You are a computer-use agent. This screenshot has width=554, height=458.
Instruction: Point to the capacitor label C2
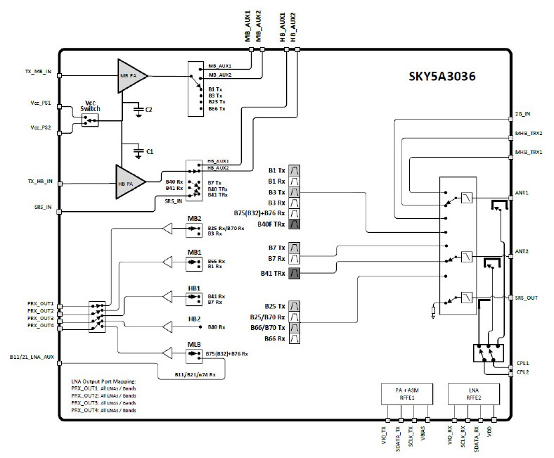(149, 110)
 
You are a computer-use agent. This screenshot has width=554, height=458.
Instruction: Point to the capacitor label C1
(149, 151)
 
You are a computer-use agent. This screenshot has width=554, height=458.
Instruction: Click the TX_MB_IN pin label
(35, 72)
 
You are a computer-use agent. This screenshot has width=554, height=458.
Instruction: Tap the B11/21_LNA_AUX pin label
(32, 357)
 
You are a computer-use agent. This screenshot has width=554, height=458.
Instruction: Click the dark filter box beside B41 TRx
(295, 273)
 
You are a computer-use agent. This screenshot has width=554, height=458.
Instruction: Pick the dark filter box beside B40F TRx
(295, 224)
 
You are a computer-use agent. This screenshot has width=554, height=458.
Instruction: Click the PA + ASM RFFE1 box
(408, 392)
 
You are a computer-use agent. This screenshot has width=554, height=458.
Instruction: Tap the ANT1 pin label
(522, 192)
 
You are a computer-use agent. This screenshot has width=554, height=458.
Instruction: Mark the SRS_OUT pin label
(526, 298)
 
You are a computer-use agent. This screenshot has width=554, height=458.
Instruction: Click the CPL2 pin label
(523, 372)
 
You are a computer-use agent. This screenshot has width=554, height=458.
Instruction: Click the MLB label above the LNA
(195, 344)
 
